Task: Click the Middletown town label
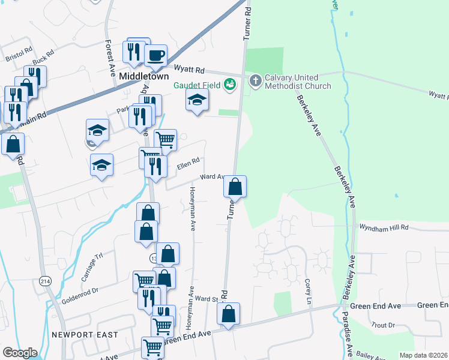coord(144,77)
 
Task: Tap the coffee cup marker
coord(156,56)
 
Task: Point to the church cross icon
coord(255,81)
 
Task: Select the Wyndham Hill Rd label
coord(384,227)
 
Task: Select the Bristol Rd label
coord(18,56)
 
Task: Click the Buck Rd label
coord(44,58)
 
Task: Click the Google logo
coord(20,353)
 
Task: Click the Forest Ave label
coord(110,58)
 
